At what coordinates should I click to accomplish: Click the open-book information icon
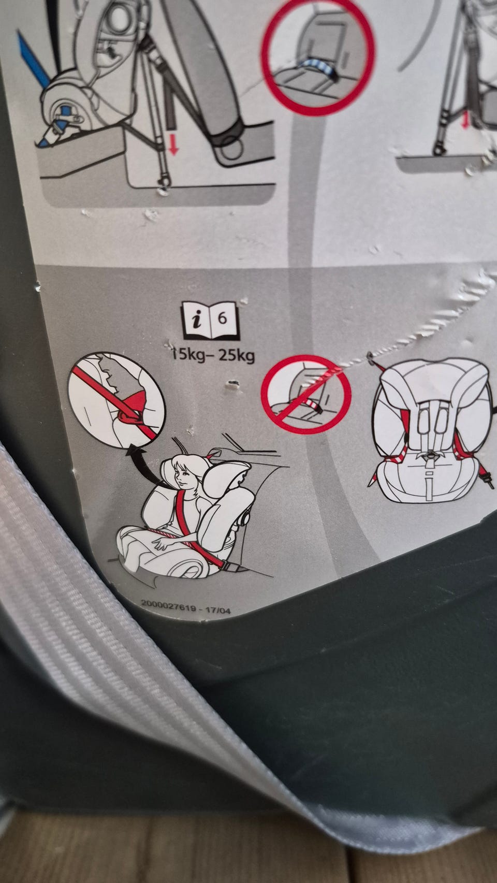tap(211, 321)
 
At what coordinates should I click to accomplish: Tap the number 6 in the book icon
tap(223, 318)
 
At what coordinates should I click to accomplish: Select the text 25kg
tap(237, 356)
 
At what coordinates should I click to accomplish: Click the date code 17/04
tap(218, 611)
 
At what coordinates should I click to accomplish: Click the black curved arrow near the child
tap(148, 466)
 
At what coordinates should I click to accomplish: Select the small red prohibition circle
tap(306, 394)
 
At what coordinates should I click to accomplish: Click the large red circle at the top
tap(318, 57)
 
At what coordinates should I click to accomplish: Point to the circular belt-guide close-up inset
tap(116, 400)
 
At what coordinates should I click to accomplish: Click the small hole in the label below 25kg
tap(233, 383)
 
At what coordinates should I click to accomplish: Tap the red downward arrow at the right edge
tap(466, 120)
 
